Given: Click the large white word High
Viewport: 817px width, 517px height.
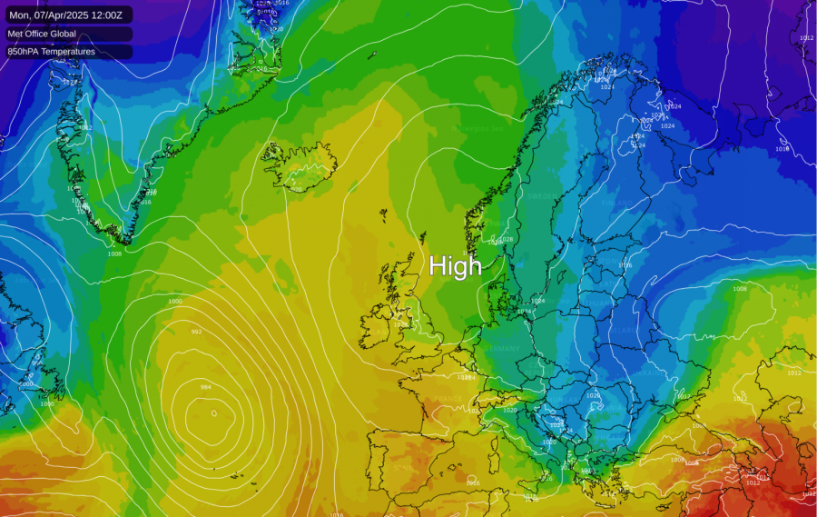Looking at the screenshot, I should (x=455, y=266).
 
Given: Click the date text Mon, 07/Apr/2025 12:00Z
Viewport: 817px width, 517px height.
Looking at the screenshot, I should (x=64, y=15).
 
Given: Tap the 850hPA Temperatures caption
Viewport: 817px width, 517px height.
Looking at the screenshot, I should (x=51, y=52).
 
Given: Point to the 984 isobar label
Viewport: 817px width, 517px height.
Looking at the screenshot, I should (x=205, y=387).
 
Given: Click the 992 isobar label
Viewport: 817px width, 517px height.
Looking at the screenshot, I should (x=196, y=332).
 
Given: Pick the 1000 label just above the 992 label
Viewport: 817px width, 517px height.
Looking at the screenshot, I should (x=175, y=301).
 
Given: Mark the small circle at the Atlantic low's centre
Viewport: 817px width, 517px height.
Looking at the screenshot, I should (x=214, y=413).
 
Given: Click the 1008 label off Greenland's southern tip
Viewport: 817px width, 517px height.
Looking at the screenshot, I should (x=114, y=254).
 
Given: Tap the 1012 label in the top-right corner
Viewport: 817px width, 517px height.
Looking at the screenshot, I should (x=806, y=38).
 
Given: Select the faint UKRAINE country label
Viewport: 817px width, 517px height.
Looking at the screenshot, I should (x=652, y=370).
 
